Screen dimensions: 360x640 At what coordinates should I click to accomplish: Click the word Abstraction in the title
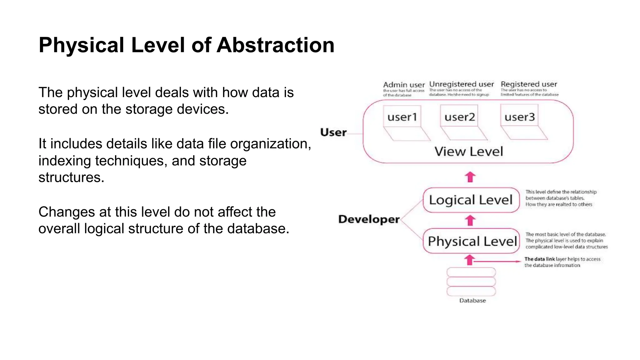tap(275, 45)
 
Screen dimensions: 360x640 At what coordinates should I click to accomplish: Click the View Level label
tap(469, 152)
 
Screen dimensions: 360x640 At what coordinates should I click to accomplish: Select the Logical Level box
tap(471, 200)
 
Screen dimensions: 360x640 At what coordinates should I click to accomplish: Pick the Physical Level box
tap(472, 241)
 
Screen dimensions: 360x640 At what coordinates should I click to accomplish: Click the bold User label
tap(333, 132)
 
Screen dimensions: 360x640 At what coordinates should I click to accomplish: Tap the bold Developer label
tap(369, 219)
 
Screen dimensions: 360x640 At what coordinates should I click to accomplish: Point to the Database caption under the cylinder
tap(472, 301)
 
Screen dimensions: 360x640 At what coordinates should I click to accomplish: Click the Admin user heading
tap(404, 85)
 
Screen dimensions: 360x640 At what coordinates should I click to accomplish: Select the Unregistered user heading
tap(461, 84)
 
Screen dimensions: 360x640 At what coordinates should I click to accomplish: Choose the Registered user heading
tap(529, 84)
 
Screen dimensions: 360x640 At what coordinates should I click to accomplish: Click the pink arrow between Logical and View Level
tap(470, 177)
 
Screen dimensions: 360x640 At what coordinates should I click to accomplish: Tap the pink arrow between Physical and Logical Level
tap(470, 221)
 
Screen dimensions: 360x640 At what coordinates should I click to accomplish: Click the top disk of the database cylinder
tap(471, 272)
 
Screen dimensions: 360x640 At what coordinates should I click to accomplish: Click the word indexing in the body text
tap(65, 161)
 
